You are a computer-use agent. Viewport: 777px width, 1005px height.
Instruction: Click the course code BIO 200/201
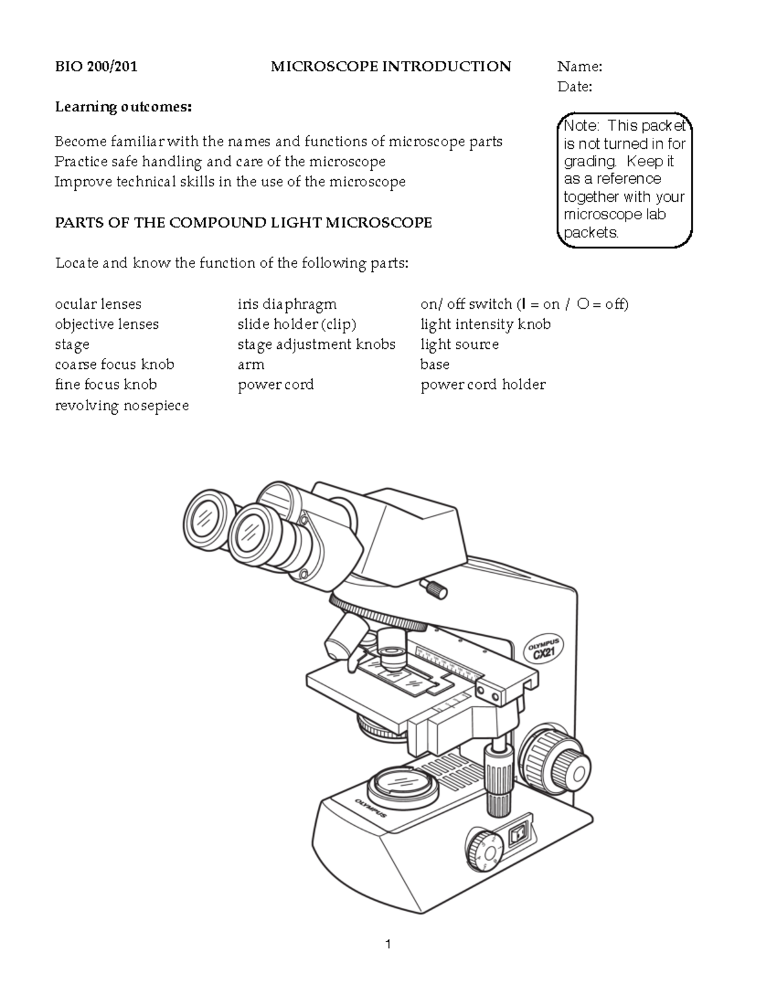96,67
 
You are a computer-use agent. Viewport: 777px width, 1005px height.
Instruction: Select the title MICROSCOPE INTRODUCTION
390,67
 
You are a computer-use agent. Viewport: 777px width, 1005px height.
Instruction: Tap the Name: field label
580,67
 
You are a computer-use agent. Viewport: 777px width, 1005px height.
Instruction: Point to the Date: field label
574,87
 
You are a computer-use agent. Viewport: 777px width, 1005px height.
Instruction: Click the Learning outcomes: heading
123,107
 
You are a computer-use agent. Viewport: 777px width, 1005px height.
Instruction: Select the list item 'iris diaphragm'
287,304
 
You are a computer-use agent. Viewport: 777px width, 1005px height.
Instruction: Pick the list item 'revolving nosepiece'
122,406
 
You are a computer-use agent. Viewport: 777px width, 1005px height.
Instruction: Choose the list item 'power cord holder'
482,385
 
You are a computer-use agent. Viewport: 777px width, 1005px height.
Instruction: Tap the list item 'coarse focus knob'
115,364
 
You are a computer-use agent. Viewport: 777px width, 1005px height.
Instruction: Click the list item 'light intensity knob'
485,324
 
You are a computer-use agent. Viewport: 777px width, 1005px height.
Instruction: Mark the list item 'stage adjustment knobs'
316,344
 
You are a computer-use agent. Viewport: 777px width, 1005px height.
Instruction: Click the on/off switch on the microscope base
518,835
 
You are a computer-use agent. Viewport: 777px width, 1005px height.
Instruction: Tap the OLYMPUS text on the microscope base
370,808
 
